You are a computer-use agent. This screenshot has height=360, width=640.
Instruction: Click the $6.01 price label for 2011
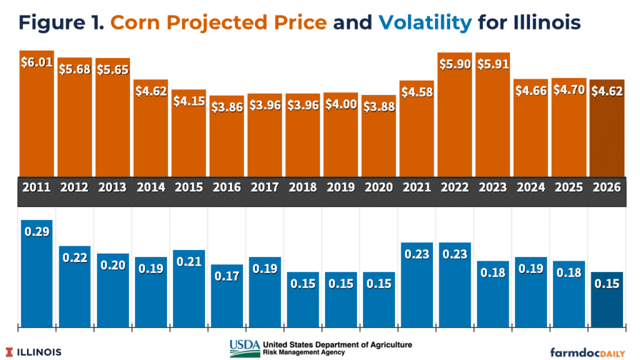(36, 64)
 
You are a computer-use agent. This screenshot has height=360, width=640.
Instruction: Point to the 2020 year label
(379, 187)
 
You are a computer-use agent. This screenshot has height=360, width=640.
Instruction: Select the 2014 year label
(151, 187)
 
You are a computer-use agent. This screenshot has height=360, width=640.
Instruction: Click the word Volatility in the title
(425, 23)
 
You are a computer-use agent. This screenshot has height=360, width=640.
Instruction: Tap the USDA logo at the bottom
(244, 349)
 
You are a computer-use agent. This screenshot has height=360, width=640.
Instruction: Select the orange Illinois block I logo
(9, 351)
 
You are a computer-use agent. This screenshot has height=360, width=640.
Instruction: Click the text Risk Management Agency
(303, 352)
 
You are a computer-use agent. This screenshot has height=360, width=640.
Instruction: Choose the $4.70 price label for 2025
(569, 89)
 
